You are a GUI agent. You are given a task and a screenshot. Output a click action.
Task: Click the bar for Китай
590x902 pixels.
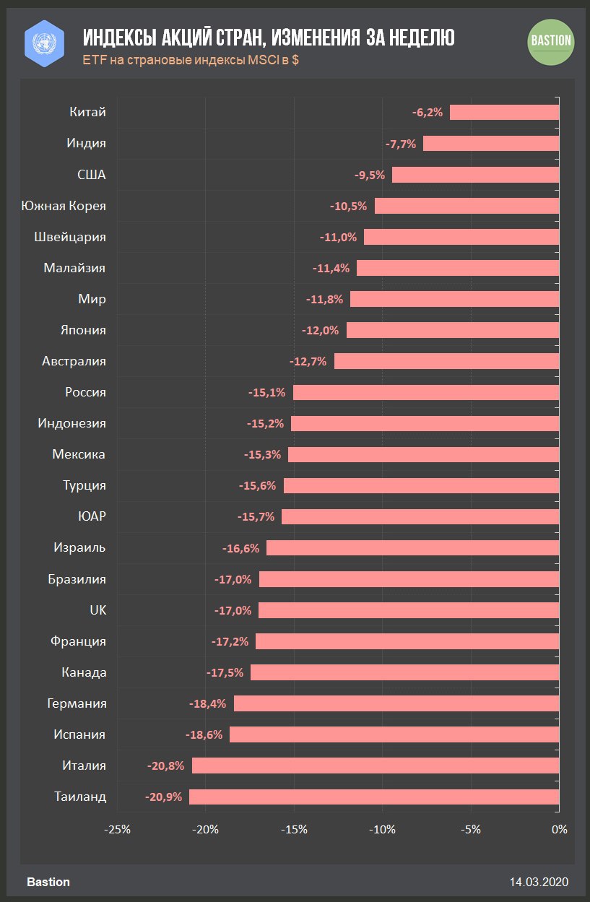pyautogui.click(x=504, y=112)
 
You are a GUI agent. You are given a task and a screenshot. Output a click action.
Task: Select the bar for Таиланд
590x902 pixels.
pyautogui.click(x=374, y=797)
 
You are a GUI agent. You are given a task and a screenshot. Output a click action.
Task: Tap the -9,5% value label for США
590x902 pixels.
pyautogui.click(x=370, y=175)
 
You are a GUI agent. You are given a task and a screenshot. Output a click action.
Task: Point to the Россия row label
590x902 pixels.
pyautogui.click(x=85, y=392)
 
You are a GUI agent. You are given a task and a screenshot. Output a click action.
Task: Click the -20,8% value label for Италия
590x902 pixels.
pyautogui.click(x=165, y=766)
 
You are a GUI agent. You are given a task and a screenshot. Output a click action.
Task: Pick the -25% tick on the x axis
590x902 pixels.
pyautogui.click(x=118, y=829)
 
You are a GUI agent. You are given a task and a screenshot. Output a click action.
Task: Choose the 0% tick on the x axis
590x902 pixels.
pyautogui.click(x=559, y=829)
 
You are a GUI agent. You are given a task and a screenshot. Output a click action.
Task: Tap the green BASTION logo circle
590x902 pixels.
pyautogui.click(x=551, y=40)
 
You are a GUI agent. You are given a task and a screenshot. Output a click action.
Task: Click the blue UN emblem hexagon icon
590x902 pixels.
pyautogui.click(x=45, y=40)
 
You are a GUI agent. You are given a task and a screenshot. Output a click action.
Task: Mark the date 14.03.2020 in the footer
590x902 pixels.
pyautogui.click(x=539, y=882)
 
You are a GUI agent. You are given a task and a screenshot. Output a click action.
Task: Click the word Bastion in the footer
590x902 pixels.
pyautogui.click(x=48, y=882)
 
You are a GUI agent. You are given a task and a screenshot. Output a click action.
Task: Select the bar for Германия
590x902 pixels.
pyautogui.click(x=396, y=703)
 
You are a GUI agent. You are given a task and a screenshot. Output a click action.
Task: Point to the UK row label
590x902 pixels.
pyautogui.click(x=97, y=610)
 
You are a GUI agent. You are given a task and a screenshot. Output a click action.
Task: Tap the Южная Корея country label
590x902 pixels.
pyautogui.click(x=64, y=206)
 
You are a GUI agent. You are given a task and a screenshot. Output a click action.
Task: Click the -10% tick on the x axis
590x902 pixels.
pyautogui.click(x=382, y=829)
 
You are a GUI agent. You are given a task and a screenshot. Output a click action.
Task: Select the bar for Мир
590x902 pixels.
pyautogui.click(x=454, y=299)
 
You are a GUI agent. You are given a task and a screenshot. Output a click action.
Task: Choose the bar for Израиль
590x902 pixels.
pyautogui.click(x=412, y=548)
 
